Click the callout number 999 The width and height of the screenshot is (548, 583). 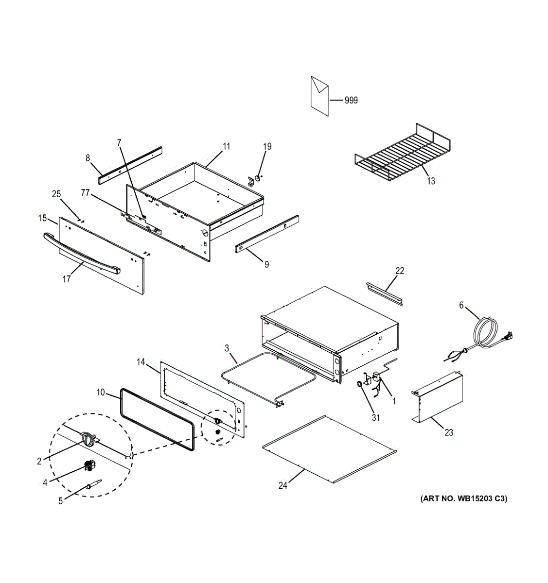point(351,101)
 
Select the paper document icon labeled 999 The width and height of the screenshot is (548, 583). point(319,95)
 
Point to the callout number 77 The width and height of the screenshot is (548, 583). point(85,193)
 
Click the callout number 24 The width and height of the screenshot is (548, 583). point(283,485)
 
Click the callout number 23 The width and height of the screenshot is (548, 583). point(448,432)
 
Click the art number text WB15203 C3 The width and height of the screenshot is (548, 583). point(463,498)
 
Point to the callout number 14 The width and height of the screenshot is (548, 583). point(141,362)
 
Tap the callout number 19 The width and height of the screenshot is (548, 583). point(267,146)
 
